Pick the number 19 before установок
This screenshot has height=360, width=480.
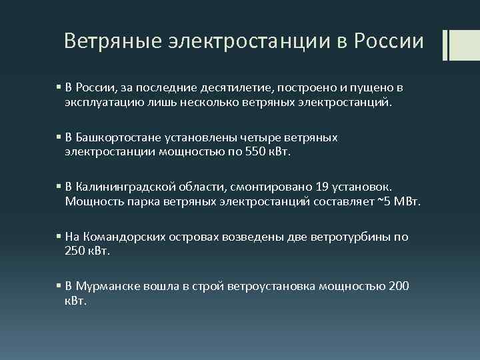coord(323,187)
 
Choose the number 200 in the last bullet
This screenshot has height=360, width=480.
coord(399,287)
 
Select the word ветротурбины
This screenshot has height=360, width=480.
coord(353,237)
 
